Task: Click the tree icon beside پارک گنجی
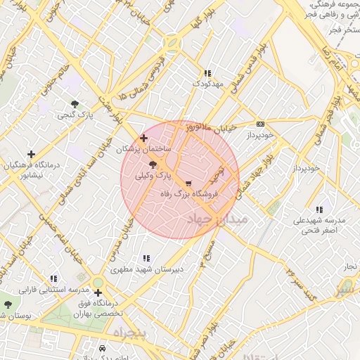coord(75,104)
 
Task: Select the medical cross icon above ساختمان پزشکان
coord(144,139)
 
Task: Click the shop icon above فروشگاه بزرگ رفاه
coord(188,182)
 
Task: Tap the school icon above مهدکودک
coord(207,73)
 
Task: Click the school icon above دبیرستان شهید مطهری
coord(146,259)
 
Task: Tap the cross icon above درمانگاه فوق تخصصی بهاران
coord(98,292)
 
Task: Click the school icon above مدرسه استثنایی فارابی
coord(53,279)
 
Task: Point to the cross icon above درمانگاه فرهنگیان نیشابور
coord(31,154)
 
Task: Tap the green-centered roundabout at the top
coord(170,44)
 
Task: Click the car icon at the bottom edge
coord(103,349)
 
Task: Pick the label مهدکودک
coord(207,84)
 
